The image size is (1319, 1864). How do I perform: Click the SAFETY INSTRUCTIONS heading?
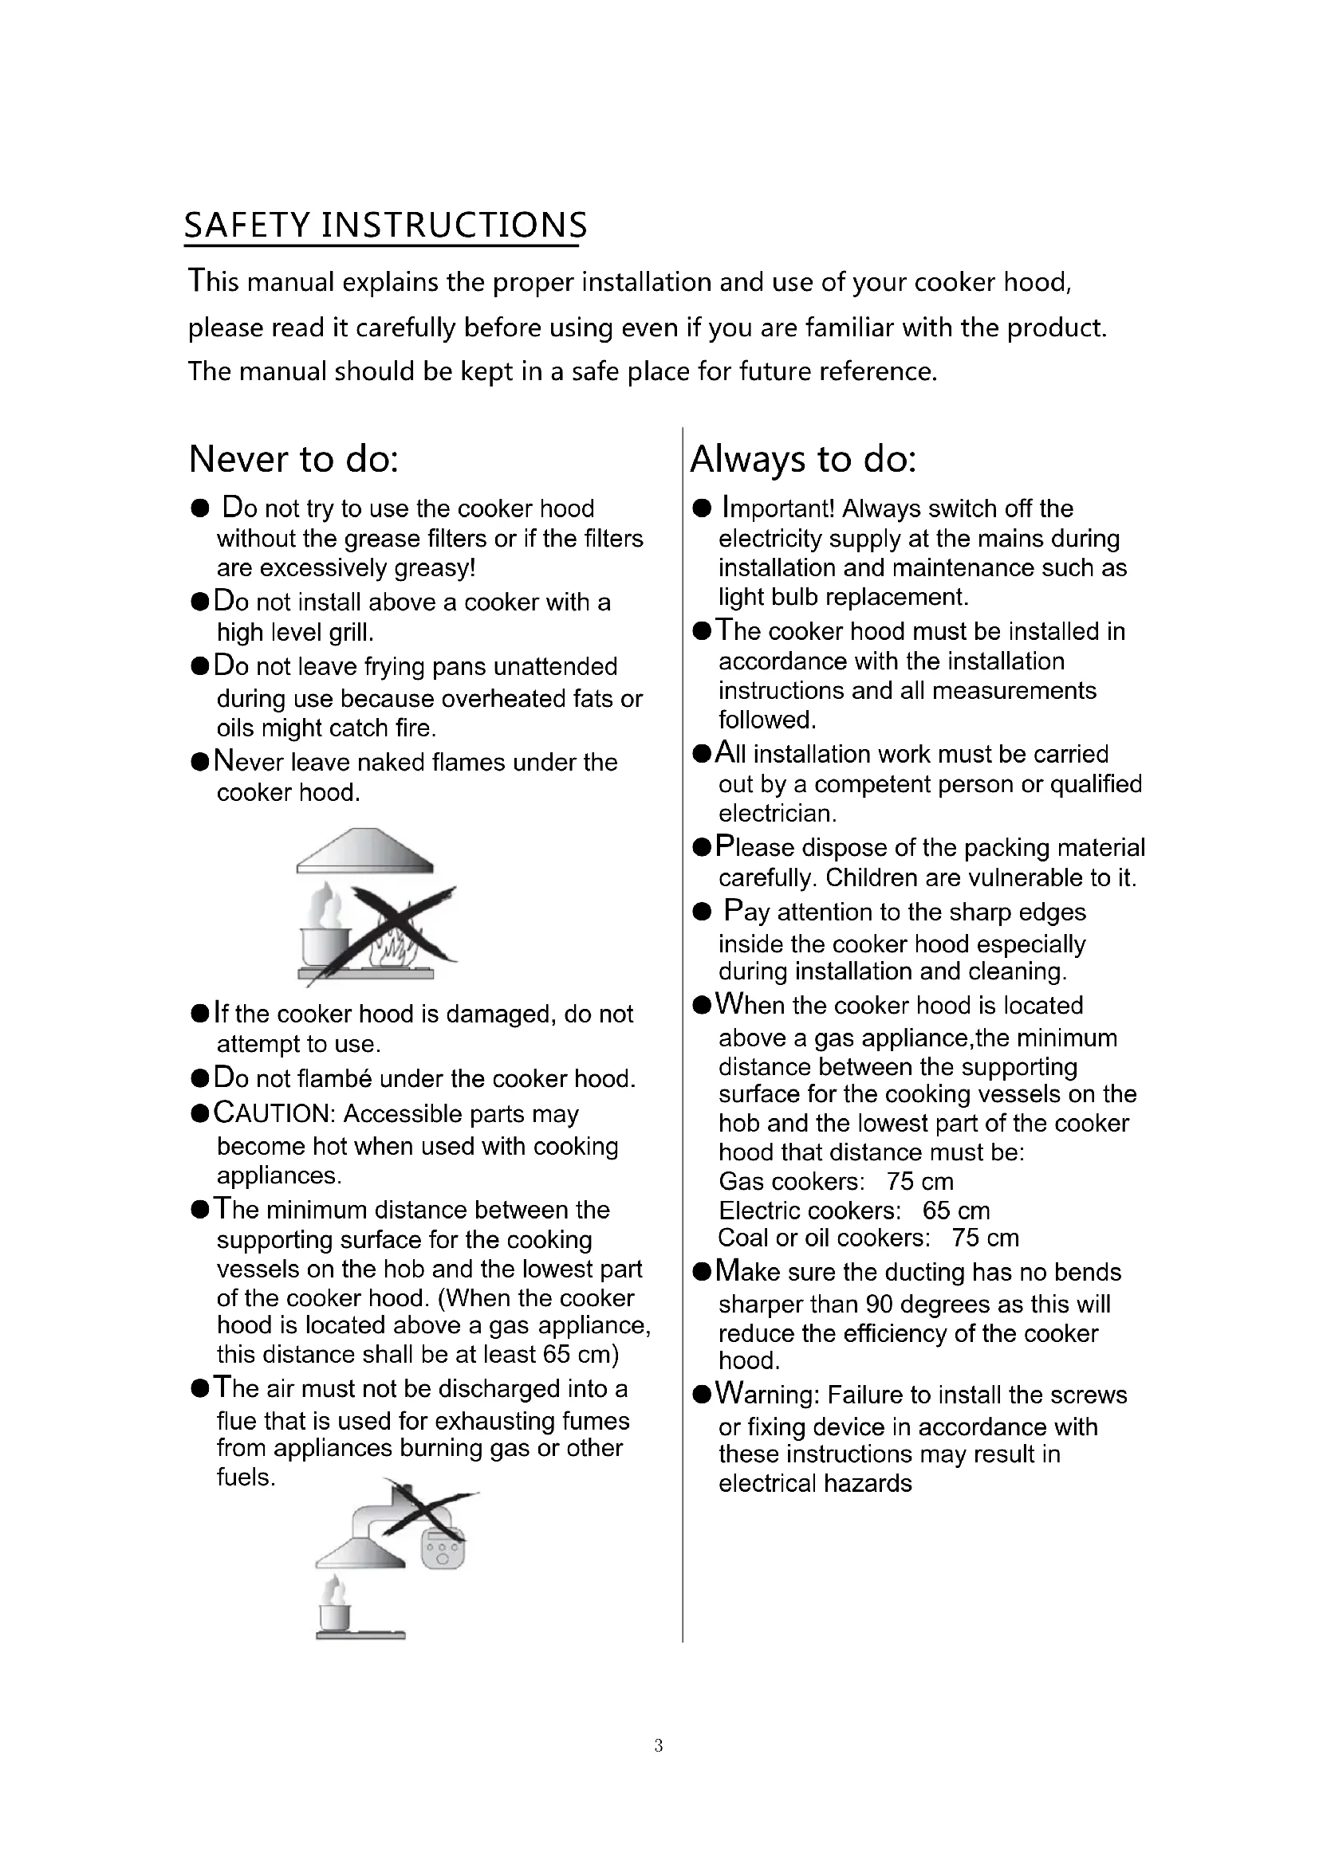385,225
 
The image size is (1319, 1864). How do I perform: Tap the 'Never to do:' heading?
293,460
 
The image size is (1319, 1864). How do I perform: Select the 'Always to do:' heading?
802,460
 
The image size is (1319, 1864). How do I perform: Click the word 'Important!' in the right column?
778,508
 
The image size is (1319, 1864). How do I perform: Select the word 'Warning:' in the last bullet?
767,1394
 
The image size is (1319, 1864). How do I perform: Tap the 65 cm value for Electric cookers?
956,1211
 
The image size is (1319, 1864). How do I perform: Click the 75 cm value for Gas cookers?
920,1181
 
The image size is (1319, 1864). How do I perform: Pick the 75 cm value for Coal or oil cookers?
985,1238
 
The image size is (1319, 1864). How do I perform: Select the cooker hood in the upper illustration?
364,851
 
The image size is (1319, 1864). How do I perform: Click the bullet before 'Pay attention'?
702,912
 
